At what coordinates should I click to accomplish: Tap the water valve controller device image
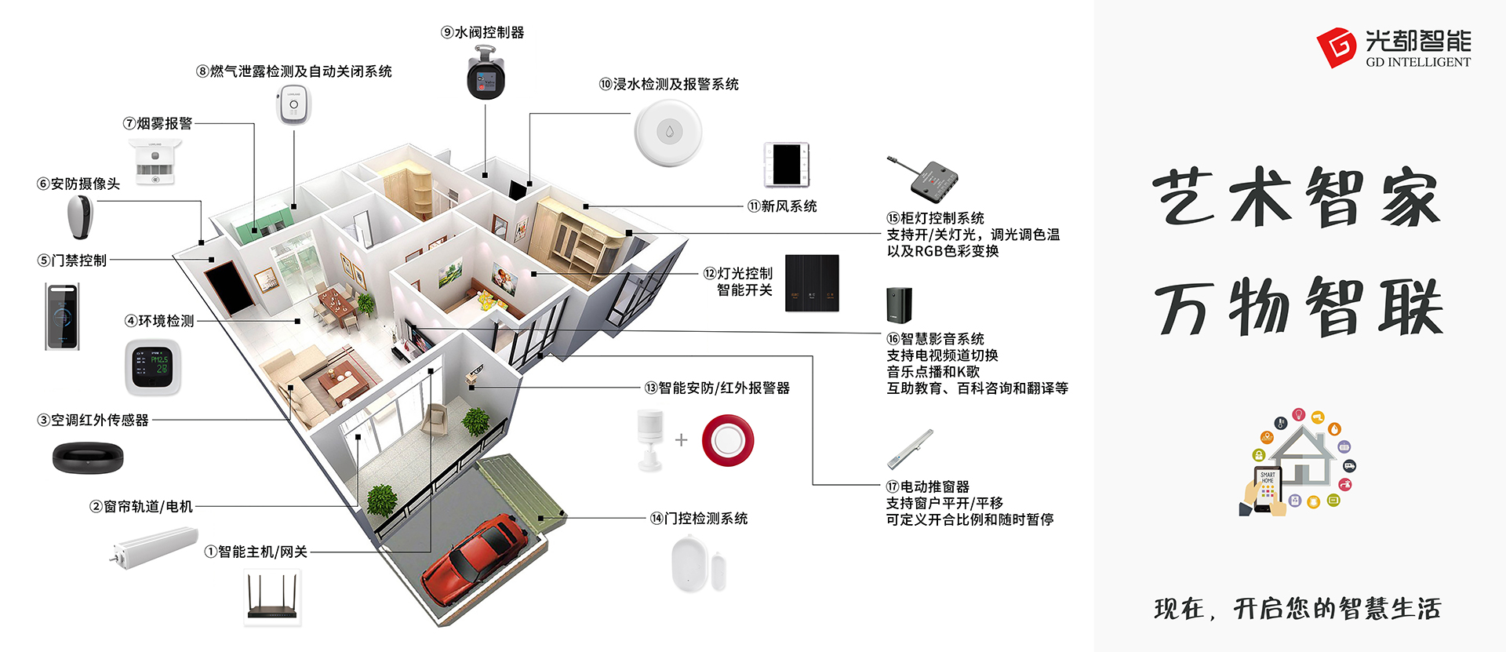pos(486,74)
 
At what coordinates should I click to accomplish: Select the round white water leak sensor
pos(668,132)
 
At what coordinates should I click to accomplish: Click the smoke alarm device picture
pos(155,161)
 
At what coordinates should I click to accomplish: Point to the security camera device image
pos(80,217)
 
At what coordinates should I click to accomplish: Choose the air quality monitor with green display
pos(153,367)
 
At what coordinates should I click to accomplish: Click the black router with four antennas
pos(272,598)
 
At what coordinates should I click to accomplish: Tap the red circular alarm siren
pos(727,440)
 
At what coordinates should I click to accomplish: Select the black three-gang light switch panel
pos(812,282)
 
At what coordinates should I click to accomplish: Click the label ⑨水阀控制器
pos(482,32)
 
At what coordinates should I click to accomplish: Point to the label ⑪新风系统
pos(782,206)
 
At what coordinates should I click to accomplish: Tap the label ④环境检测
pos(159,321)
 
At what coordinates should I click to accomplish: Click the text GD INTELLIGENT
pos(1418,63)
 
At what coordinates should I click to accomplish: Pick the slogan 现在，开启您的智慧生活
pos(1297,609)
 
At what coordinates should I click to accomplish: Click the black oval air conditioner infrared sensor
pos(88,457)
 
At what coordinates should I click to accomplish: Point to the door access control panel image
pos(62,316)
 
